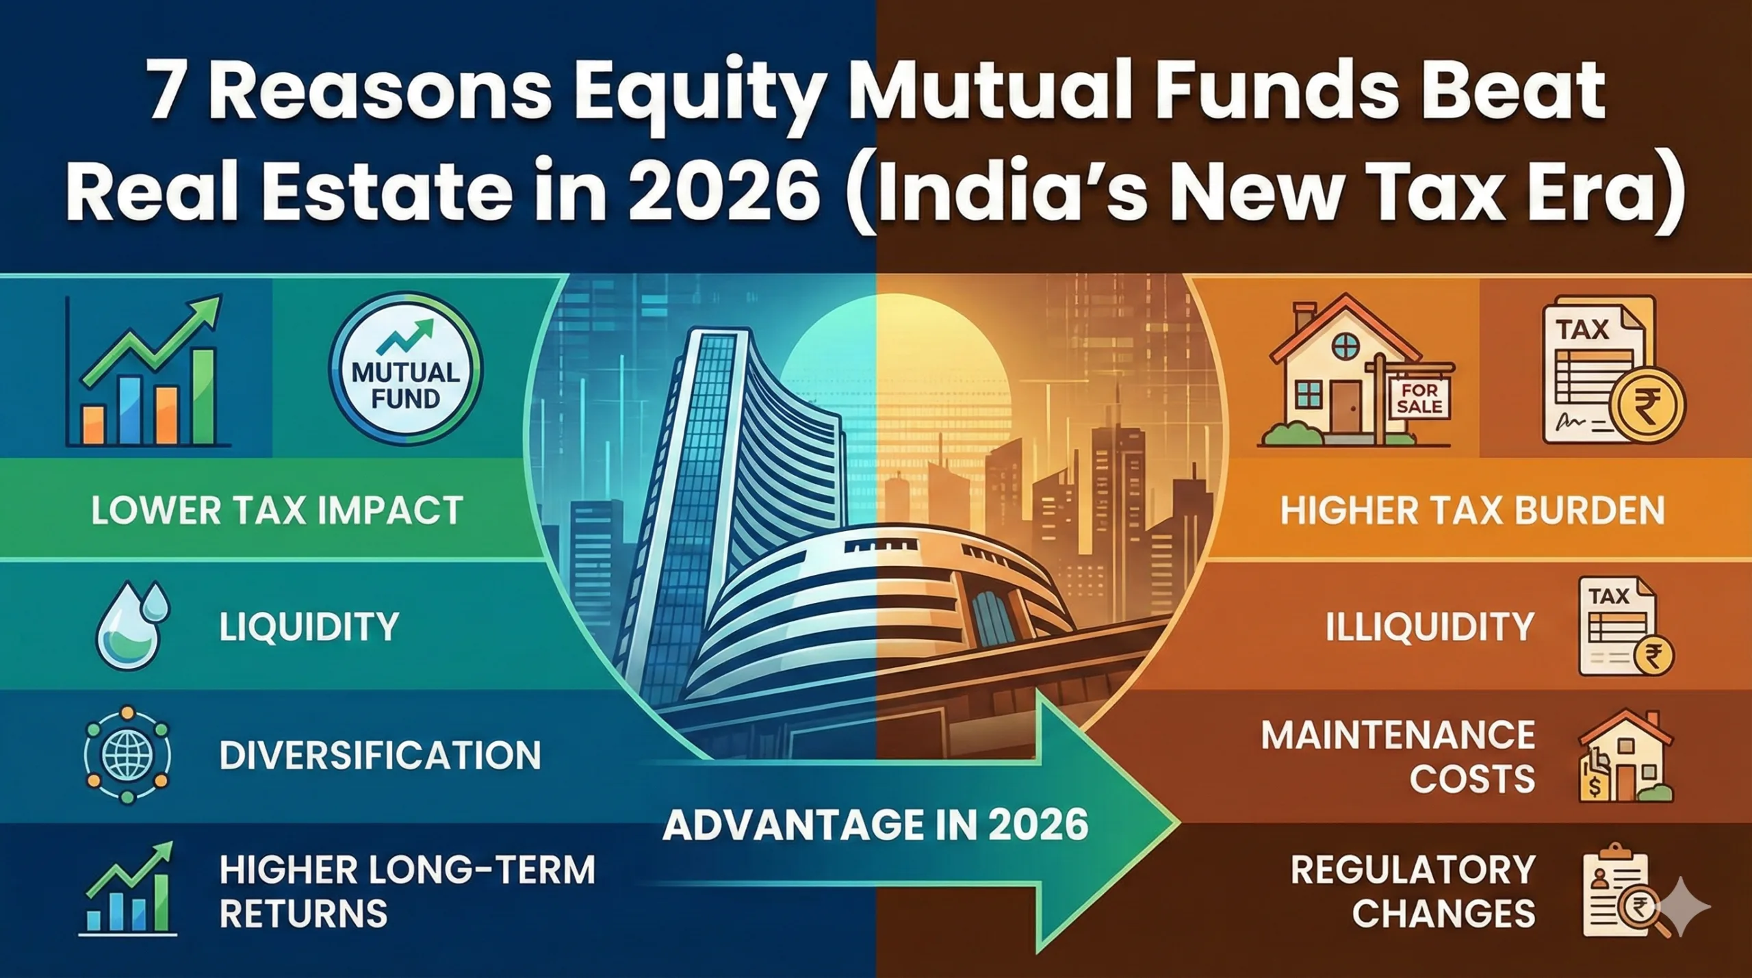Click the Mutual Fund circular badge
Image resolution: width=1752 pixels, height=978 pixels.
[x=405, y=370]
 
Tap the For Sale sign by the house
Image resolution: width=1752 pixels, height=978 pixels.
[x=1419, y=398]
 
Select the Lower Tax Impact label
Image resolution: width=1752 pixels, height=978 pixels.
[x=277, y=511]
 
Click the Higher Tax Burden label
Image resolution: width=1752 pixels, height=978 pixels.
[x=1472, y=511]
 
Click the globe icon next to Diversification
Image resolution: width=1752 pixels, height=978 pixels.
[x=127, y=754]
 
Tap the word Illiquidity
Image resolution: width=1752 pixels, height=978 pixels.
[x=1430, y=627]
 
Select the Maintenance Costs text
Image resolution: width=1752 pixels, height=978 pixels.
[x=1399, y=757]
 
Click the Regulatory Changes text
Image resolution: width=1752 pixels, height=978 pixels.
[x=1414, y=892]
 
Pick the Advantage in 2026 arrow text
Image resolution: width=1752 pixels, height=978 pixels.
[x=875, y=825]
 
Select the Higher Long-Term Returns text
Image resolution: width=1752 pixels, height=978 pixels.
[x=408, y=892]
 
